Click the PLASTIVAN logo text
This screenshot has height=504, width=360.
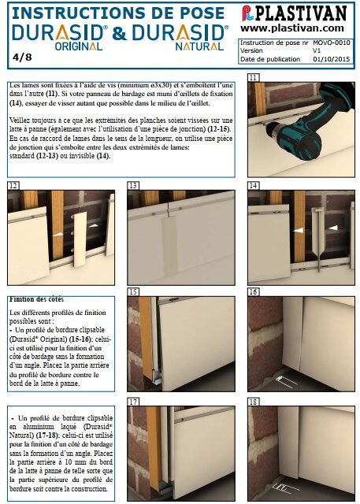coord(301,13)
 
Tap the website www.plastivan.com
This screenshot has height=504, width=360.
coord(291,28)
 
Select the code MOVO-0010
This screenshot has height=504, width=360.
coord(332,43)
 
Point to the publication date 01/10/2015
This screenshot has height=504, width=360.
coord(332,59)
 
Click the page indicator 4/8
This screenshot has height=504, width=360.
coord(22,57)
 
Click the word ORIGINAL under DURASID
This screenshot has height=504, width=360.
coord(79,46)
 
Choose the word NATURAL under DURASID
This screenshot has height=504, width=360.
coord(199,46)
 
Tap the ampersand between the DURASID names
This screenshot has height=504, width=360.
coord(119,33)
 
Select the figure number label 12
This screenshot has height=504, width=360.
coord(13,186)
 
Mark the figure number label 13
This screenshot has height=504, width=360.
coord(133,186)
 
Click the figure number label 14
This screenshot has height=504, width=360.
coord(254,186)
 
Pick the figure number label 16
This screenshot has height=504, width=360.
coord(254,292)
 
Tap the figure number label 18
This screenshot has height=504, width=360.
coord(254,402)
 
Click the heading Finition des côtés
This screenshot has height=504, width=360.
coord(36,299)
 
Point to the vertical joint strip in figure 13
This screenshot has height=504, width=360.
coord(169,245)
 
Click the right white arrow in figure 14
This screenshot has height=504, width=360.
coord(333,228)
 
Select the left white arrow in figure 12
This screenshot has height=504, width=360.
coord(58,235)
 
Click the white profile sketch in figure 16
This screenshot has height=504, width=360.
coord(286,381)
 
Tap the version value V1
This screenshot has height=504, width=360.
coord(317,50)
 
